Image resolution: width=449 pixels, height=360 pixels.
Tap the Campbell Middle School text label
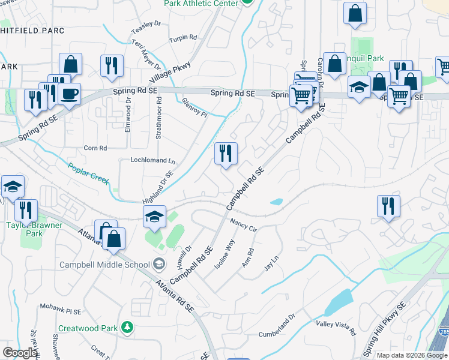pyautogui.click(x=104, y=265)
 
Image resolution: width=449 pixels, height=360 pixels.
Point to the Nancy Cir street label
pyautogui.click(x=244, y=225)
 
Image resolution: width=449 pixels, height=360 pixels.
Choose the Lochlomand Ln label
pyautogui.click(x=153, y=161)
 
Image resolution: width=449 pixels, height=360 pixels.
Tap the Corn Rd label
pyautogui.click(x=95, y=148)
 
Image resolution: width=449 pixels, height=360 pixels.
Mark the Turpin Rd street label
pyautogui.click(x=183, y=38)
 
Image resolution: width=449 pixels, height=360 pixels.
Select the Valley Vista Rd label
pyautogui.click(x=336, y=328)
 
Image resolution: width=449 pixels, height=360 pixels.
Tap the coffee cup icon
pyautogui.click(x=70, y=94)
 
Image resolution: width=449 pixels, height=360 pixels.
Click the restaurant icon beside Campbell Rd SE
pyautogui.click(x=226, y=154)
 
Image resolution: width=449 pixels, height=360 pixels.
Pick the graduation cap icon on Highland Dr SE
pyautogui.click(x=154, y=216)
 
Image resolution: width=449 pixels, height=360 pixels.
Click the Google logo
pyautogui.click(x=20, y=352)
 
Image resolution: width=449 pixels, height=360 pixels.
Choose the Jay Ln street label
pyautogui.click(x=274, y=265)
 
